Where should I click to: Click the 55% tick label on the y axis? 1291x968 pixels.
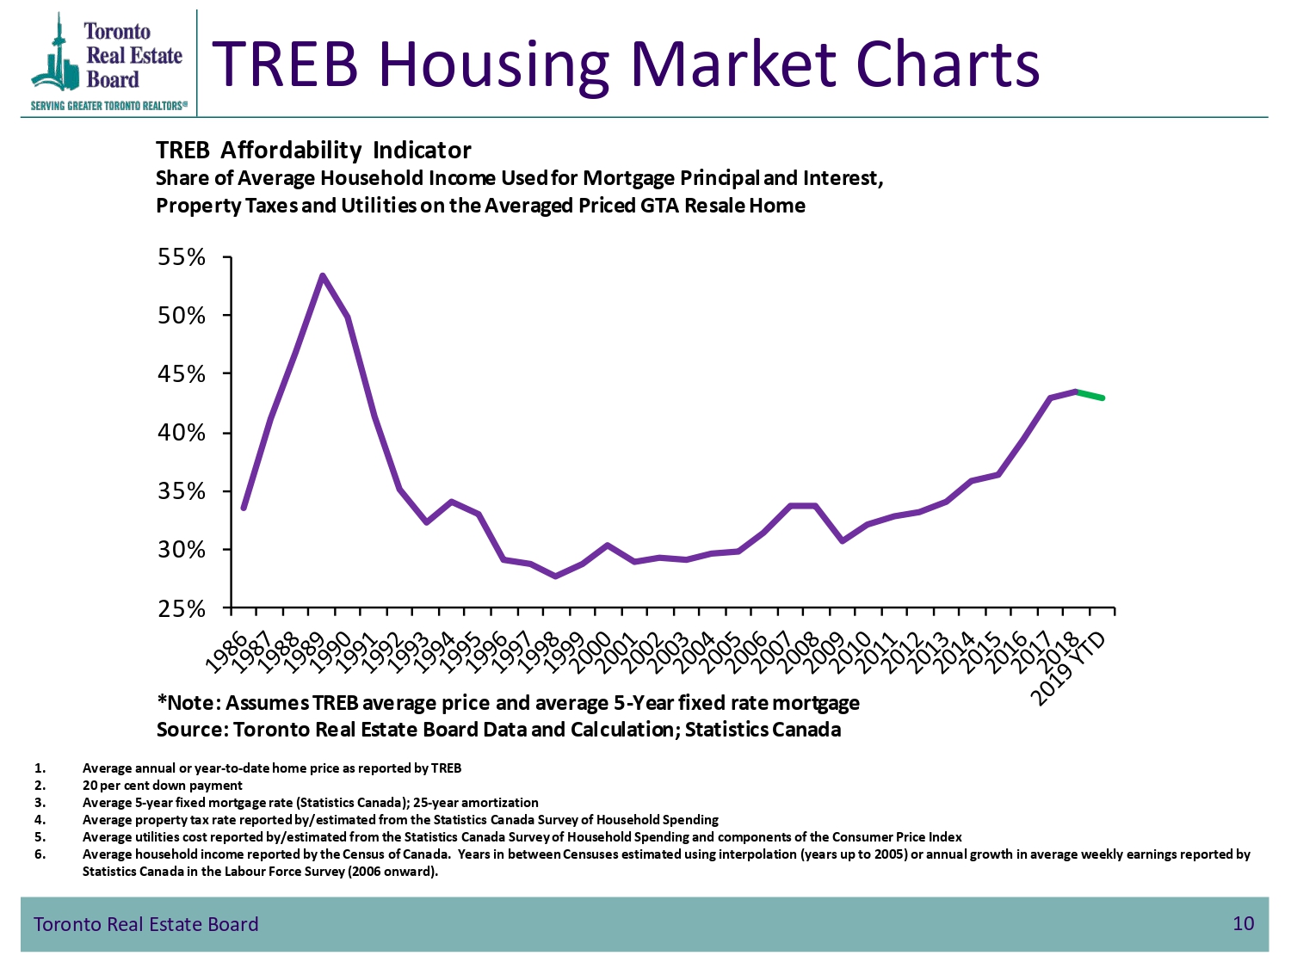click(181, 256)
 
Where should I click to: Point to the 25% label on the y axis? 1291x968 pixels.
click(181, 609)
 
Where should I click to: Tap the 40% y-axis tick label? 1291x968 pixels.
click(181, 433)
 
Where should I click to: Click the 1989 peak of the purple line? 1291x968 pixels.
click(322, 275)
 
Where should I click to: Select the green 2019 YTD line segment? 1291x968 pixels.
click(1090, 395)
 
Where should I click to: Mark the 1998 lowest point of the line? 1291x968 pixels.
click(556, 576)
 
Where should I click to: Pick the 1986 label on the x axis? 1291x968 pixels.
click(227, 651)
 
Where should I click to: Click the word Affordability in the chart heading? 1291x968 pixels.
click(291, 151)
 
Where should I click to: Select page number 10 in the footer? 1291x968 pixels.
click(1244, 923)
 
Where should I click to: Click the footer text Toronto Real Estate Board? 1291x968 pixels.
click(145, 924)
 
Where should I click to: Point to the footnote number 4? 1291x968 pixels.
click(40, 819)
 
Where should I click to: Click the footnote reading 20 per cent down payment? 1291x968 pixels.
click(163, 786)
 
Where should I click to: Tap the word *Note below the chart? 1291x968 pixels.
click(188, 702)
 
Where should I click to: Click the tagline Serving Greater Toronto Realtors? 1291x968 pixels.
click(108, 106)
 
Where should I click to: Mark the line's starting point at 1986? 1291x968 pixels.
click(244, 509)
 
